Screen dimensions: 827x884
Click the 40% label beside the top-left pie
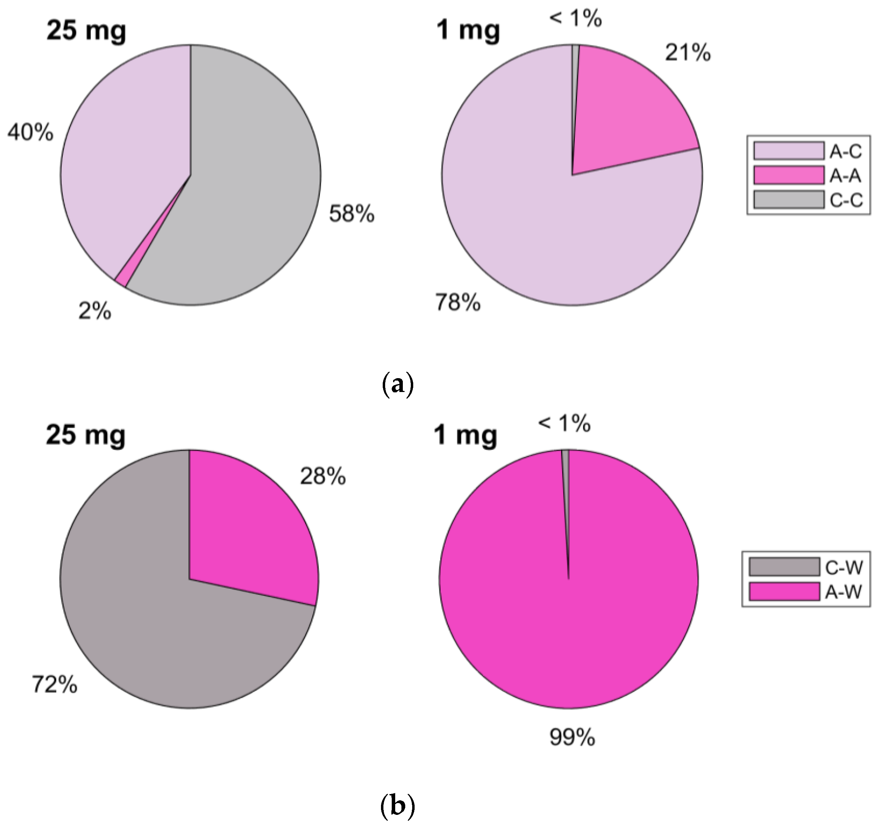coord(30,132)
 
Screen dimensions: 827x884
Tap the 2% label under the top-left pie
coord(95,312)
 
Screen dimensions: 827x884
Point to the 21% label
coord(687,53)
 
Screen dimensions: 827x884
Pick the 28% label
coord(323,477)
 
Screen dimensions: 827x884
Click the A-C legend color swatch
coord(788,151)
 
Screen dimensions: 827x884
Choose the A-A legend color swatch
coord(788,175)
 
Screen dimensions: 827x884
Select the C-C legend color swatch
coord(788,200)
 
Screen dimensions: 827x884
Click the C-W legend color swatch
coord(783,567)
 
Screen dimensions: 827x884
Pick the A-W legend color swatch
coord(783,592)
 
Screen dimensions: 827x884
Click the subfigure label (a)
coord(398,385)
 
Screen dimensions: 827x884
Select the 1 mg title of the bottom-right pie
coord(465,436)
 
